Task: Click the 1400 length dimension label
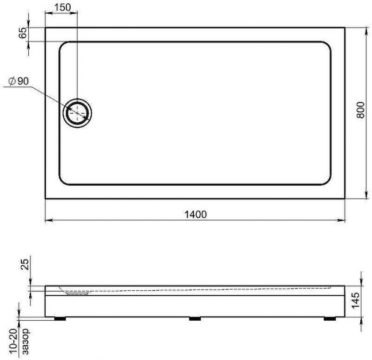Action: click(x=196, y=214)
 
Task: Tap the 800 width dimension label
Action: click(x=360, y=110)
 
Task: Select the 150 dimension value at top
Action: click(x=63, y=7)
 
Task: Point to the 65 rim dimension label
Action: click(x=23, y=33)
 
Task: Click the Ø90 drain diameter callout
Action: click(x=19, y=81)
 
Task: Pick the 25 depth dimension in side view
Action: click(x=24, y=264)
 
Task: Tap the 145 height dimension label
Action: click(x=356, y=300)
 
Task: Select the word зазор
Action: click(x=26, y=341)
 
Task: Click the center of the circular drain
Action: click(x=77, y=113)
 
